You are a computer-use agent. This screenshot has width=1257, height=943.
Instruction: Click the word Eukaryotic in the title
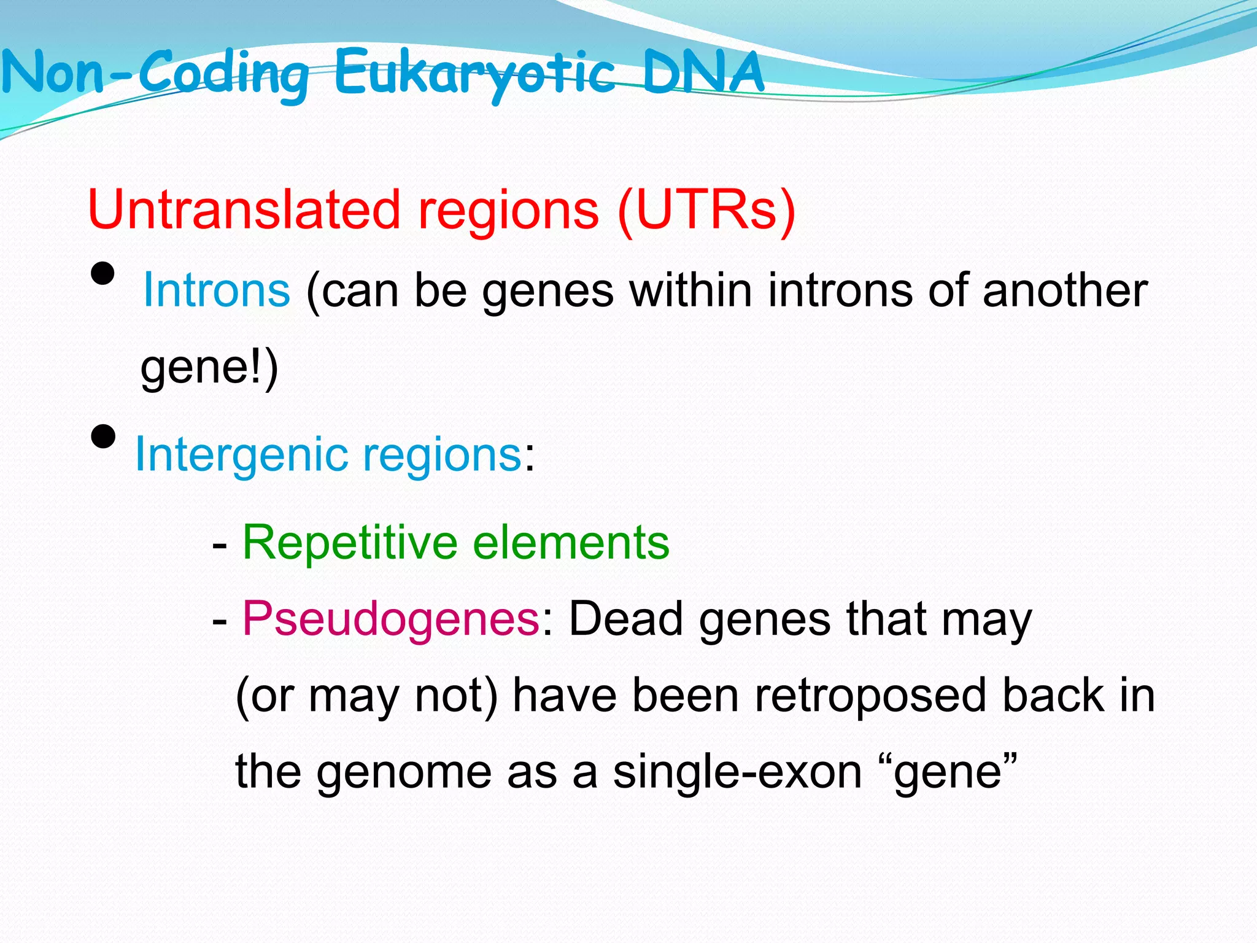click(474, 74)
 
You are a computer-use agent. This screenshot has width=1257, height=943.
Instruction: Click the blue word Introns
click(216, 291)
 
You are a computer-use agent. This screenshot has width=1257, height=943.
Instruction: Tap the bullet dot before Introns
click(102, 274)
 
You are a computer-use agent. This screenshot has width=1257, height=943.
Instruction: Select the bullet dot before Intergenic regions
click(102, 437)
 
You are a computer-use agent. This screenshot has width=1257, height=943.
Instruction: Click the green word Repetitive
click(350, 543)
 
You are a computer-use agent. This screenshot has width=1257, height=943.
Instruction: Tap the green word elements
click(571, 543)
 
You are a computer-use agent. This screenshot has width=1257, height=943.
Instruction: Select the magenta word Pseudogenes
click(391, 619)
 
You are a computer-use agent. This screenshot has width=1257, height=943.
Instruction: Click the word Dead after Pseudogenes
click(626, 619)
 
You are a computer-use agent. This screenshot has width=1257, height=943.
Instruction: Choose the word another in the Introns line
click(1065, 291)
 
